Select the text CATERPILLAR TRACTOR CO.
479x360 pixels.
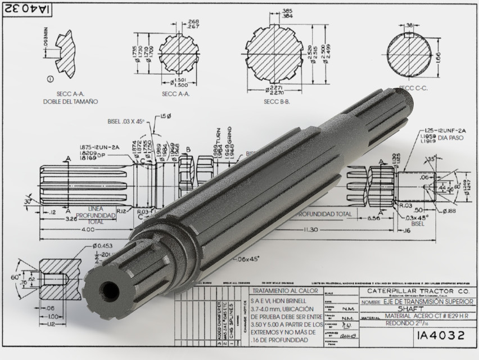coord(415,291)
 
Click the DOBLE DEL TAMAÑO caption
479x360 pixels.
coord(71,102)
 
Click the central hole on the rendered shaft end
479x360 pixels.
coord(109,290)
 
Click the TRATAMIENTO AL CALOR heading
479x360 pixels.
coord(286,291)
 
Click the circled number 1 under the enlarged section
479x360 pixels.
coord(51,79)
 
